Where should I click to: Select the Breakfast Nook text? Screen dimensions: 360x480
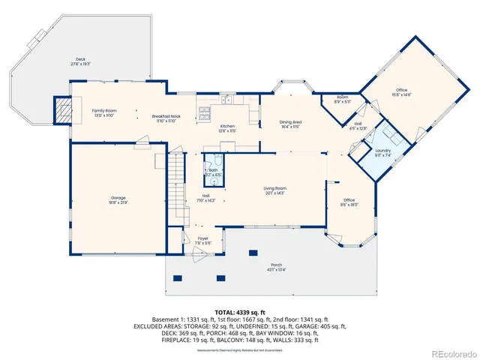coord(165,118)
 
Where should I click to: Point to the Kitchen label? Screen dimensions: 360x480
coord(227,127)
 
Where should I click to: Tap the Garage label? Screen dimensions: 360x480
coord(118,199)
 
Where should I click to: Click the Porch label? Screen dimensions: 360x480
coord(277,268)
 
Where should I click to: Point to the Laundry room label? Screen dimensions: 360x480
coord(382,152)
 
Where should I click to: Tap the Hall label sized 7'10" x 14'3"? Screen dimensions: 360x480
coord(205,197)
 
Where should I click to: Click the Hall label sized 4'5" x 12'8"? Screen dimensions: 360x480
coord(358,125)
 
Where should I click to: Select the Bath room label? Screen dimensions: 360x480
coord(214,172)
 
